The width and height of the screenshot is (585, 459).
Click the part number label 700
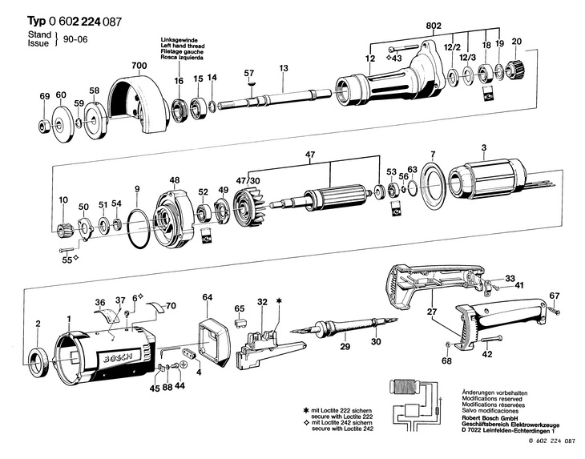139,64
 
